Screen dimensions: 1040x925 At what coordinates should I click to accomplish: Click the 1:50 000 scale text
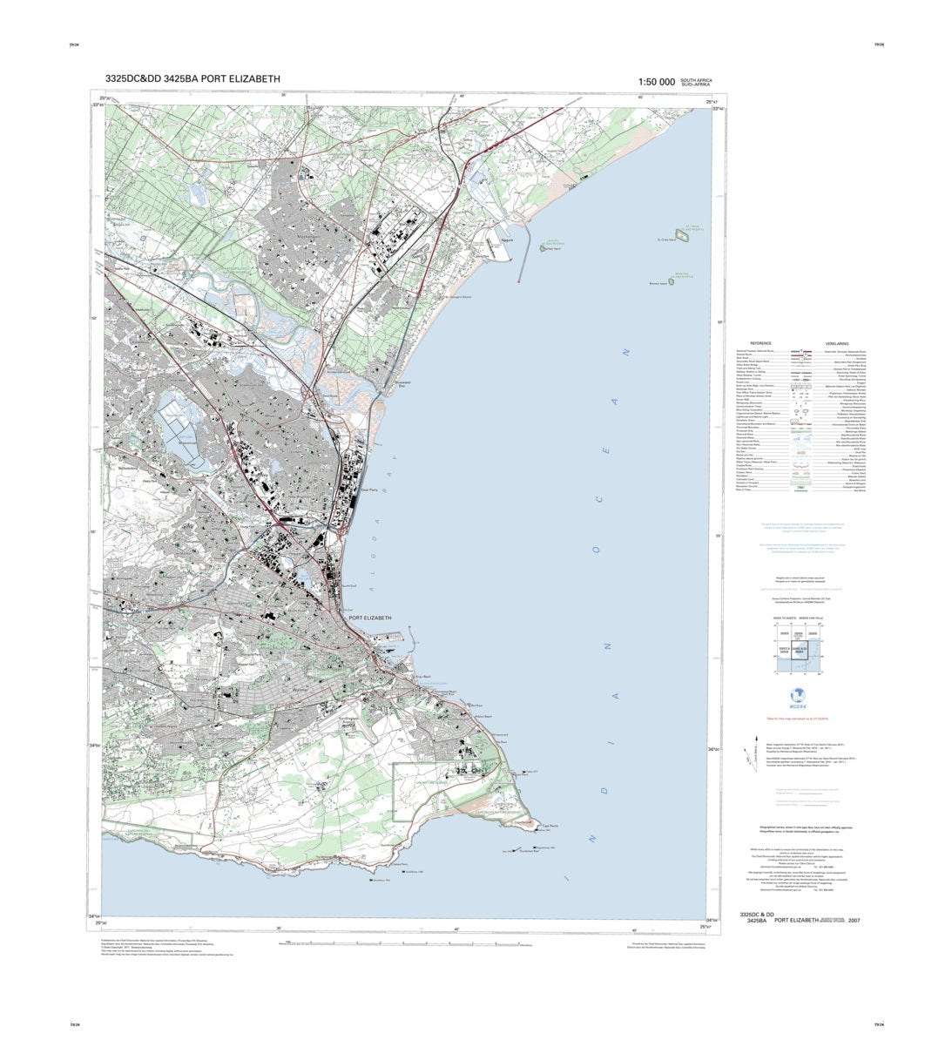[656, 82]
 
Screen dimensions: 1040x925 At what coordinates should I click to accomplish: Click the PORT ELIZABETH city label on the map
[370, 618]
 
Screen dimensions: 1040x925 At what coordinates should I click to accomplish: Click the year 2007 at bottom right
[866, 920]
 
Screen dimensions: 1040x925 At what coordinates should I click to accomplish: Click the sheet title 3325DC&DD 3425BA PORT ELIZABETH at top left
[192, 79]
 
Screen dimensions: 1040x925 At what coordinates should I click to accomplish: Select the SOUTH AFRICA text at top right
[696, 80]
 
